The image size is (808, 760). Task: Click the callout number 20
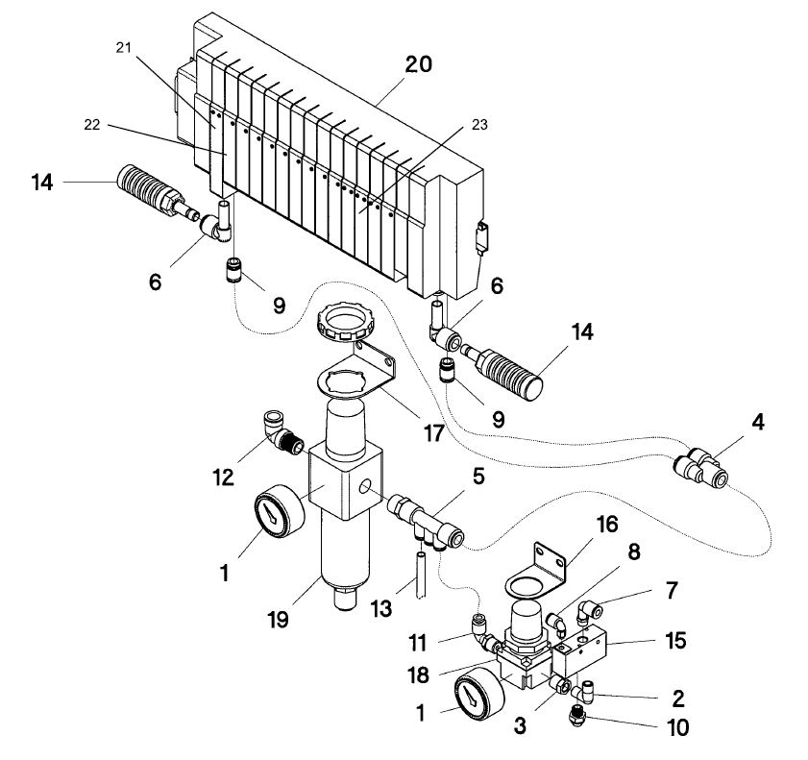click(418, 65)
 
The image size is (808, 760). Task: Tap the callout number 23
click(479, 125)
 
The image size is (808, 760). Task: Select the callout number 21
click(123, 48)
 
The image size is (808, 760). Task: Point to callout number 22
click(91, 125)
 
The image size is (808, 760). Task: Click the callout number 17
click(433, 433)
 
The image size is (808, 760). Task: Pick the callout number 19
click(279, 620)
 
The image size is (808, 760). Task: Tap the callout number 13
click(381, 609)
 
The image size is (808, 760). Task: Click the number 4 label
click(757, 423)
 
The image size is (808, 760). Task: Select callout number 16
click(607, 525)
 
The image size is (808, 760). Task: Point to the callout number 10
click(677, 727)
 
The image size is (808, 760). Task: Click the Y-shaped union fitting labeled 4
click(702, 467)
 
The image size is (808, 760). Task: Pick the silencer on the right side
click(502, 371)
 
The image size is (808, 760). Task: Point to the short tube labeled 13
click(421, 575)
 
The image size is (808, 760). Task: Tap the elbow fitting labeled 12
click(282, 434)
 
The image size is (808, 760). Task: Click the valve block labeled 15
click(579, 650)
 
